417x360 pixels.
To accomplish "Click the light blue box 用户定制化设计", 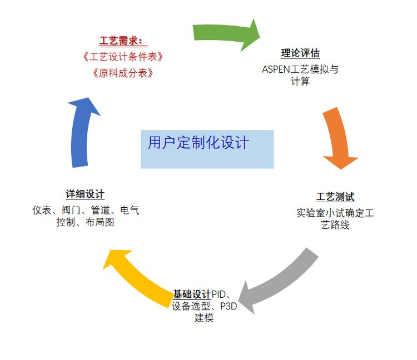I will pyautogui.click(x=207, y=149).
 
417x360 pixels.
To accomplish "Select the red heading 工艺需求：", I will pyautogui.click(x=121, y=41).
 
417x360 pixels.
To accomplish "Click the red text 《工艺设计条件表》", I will pyautogui.click(x=121, y=57).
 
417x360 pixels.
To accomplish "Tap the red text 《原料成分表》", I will pyautogui.click(x=121, y=73).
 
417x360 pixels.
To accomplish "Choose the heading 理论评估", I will pyautogui.click(x=300, y=54).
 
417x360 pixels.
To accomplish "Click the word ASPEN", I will pyautogui.click(x=276, y=70).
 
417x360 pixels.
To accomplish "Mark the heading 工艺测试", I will pyautogui.click(x=335, y=197).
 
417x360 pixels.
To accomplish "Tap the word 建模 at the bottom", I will pyautogui.click(x=204, y=318).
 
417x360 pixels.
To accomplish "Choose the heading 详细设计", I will pyautogui.click(x=85, y=194).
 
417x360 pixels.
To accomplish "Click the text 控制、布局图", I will pyautogui.click(x=85, y=223).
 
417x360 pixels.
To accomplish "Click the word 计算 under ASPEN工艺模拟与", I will pyautogui.click(x=300, y=82).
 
